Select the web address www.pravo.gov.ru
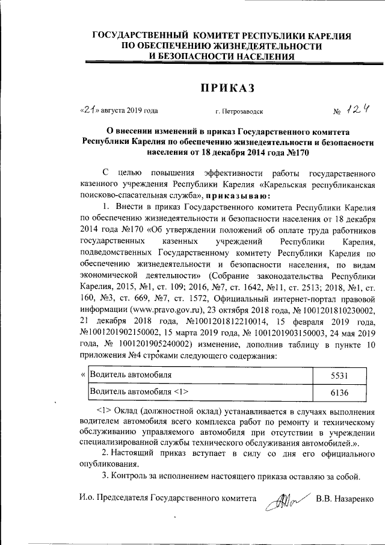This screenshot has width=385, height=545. point(156,310)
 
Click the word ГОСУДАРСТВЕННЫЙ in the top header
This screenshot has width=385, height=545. point(135,36)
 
